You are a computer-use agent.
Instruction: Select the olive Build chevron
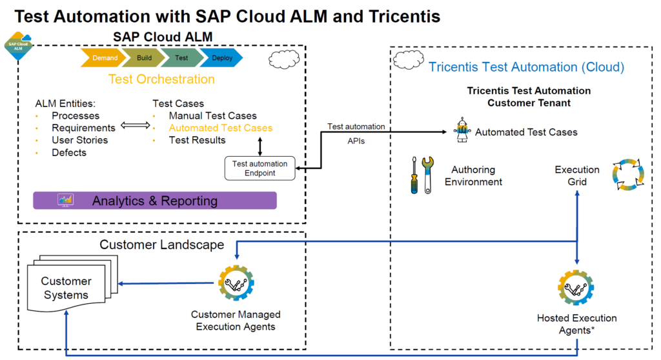pyautogui.click(x=143, y=57)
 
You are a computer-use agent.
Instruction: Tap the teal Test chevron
pyautogui.click(x=181, y=57)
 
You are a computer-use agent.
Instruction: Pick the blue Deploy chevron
pyautogui.click(x=221, y=57)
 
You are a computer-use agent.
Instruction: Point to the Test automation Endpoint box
pyautogui.click(x=260, y=168)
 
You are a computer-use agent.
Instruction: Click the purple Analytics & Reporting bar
pyautogui.click(x=155, y=201)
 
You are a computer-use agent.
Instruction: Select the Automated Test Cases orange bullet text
pyautogui.click(x=220, y=128)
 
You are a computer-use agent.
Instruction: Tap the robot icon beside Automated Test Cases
pyautogui.click(x=462, y=131)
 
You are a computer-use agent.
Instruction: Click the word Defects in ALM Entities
pyautogui.click(x=69, y=152)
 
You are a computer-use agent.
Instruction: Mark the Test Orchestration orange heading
pyautogui.click(x=161, y=79)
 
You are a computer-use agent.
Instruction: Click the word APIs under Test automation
pyautogui.click(x=356, y=141)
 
